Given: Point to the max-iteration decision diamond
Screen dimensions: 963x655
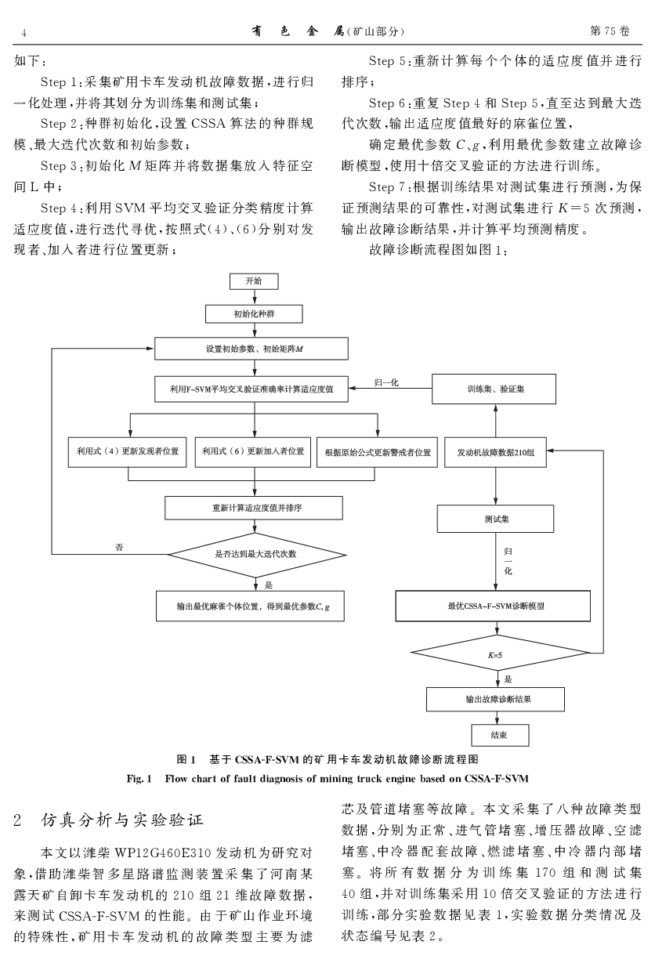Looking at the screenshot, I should tap(256, 554).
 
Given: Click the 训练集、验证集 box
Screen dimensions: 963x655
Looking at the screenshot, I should tap(495, 388).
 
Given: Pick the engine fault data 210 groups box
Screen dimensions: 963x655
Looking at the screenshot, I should tap(495, 453).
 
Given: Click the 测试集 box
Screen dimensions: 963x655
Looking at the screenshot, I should tap(495, 519).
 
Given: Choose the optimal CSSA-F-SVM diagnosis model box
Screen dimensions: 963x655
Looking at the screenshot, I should tap(495, 606).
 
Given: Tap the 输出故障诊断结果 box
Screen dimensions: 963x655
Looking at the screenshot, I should tap(495, 697).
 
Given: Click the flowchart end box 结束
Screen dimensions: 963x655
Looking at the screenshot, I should tap(498, 735).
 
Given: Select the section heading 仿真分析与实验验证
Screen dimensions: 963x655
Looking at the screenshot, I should tap(121, 820).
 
